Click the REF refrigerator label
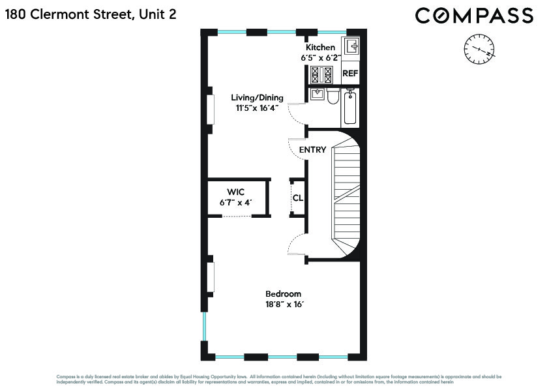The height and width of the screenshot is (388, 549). (x=350, y=74)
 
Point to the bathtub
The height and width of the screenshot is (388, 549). (x=350, y=108)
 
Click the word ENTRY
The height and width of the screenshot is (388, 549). (x=312, y=150)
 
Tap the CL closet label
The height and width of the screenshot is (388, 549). (x=297, y=198)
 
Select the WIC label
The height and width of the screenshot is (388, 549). (x=235, y=192)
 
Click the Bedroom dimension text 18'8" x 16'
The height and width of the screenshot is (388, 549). (x=283, y=304)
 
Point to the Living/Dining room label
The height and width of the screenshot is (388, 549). (x=258, y=98)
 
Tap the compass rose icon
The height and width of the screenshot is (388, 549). (x=479, y=50)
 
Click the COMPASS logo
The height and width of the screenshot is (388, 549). (x=474, y=16)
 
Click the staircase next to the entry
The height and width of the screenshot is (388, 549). (x=346, y=196)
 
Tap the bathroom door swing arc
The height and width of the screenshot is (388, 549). (x=297, y=115)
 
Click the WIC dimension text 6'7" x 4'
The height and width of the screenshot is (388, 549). (x=235, y=203)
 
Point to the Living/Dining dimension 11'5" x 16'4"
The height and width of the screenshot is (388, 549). (x=258, y=108)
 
